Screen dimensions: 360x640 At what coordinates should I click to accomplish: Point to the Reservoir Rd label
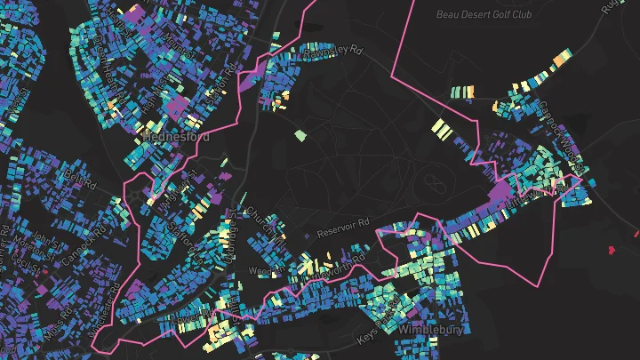point(342,224)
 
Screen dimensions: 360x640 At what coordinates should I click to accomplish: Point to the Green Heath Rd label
point(101,53)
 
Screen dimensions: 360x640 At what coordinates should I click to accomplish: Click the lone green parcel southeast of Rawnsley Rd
point(300,136)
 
